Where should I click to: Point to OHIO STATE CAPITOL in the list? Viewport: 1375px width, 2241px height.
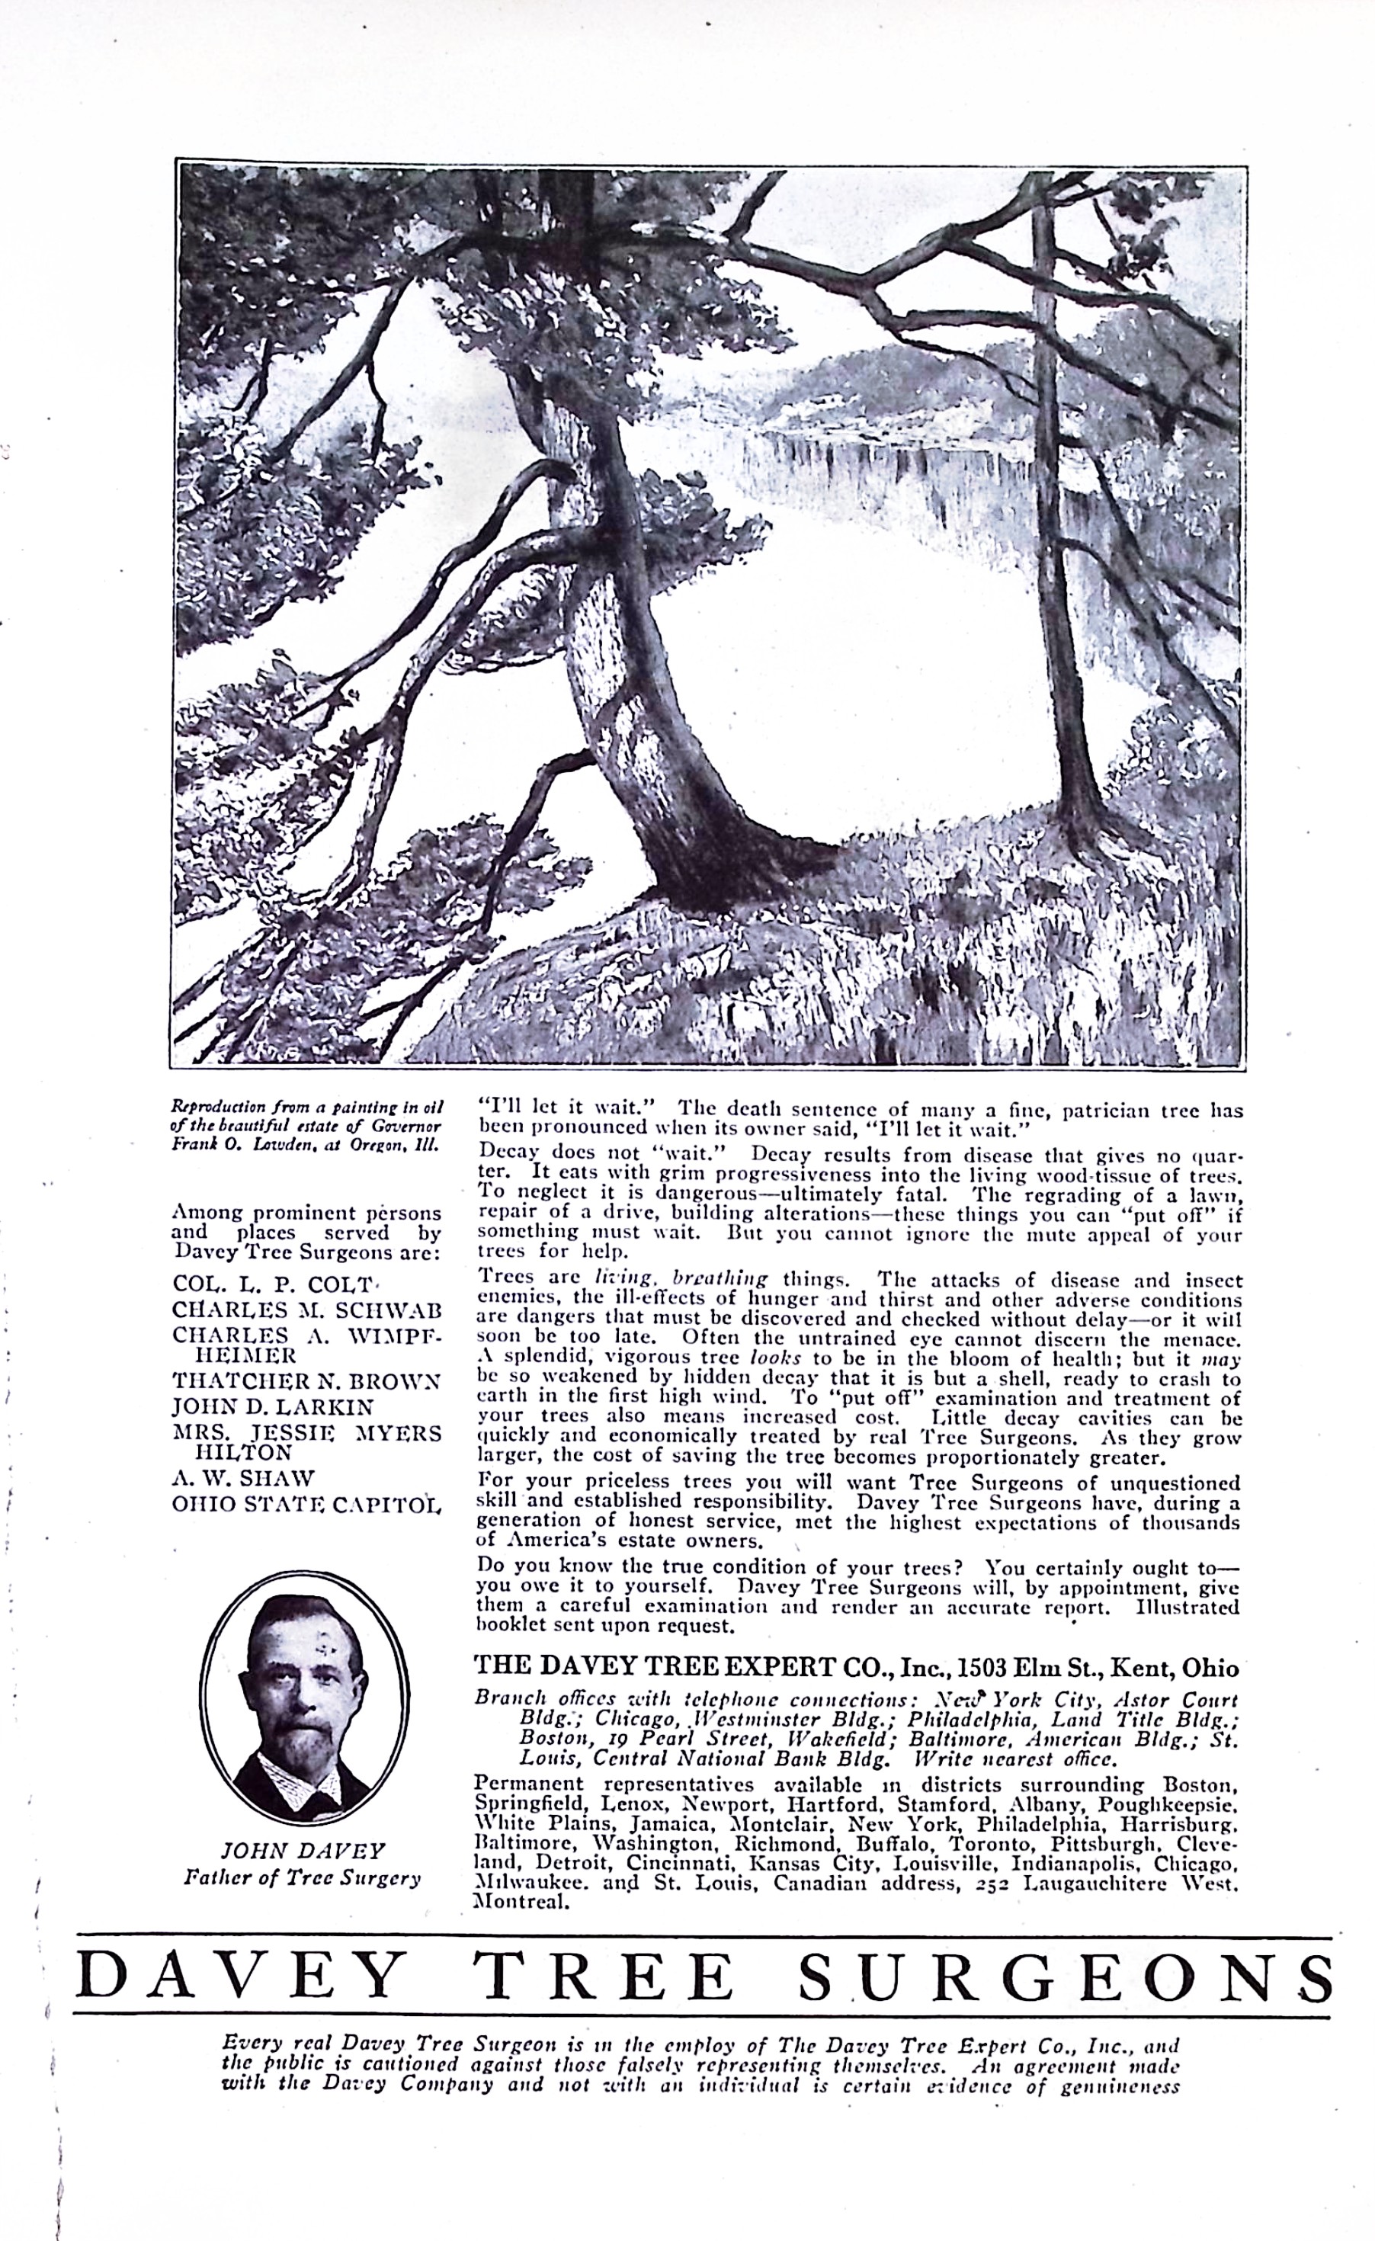click(x=306, y=1505)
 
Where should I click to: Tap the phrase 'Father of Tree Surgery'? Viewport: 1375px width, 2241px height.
click(x=303, y=1877)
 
